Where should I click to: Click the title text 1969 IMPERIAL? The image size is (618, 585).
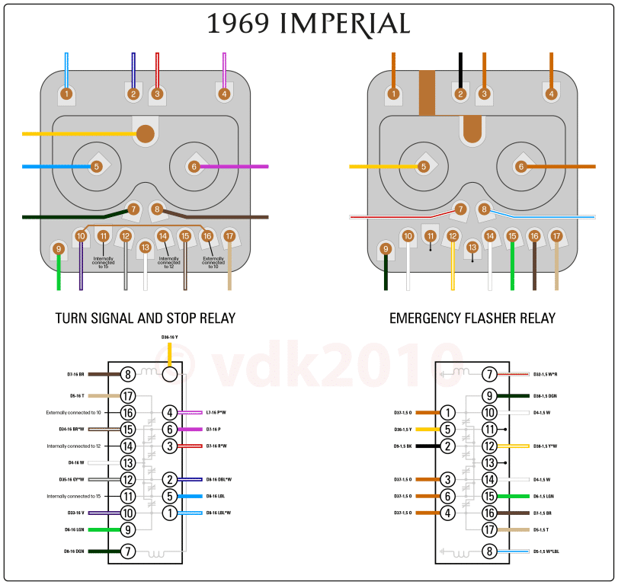tap(309, 24)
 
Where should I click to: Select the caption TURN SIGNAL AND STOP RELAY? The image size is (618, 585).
tap(146, 318)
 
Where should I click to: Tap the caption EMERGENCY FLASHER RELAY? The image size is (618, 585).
tap(472, 318)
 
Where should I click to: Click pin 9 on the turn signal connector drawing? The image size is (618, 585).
tap(58, 248)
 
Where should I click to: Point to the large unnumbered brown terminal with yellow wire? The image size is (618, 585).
tap(145, 134)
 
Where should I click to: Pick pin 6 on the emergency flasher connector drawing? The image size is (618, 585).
tap(521, 166)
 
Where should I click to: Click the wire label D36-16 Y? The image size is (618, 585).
tap(169, 337)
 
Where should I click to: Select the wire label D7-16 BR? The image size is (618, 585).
tap(80, 375)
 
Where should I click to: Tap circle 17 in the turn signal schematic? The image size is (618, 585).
tap(128, 396)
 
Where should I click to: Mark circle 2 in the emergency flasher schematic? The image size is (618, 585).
tap(448, 446)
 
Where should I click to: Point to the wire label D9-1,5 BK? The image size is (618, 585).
tap(403, 446)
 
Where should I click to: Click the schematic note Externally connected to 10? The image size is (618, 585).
tap(74, 412)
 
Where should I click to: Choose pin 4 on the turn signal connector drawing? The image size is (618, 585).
tap(224, 94)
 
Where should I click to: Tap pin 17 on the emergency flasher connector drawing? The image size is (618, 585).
tap(556, 237)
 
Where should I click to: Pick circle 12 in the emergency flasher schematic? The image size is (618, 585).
tap(490, 446)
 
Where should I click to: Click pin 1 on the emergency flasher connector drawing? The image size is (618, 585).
tap(394, 94)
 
